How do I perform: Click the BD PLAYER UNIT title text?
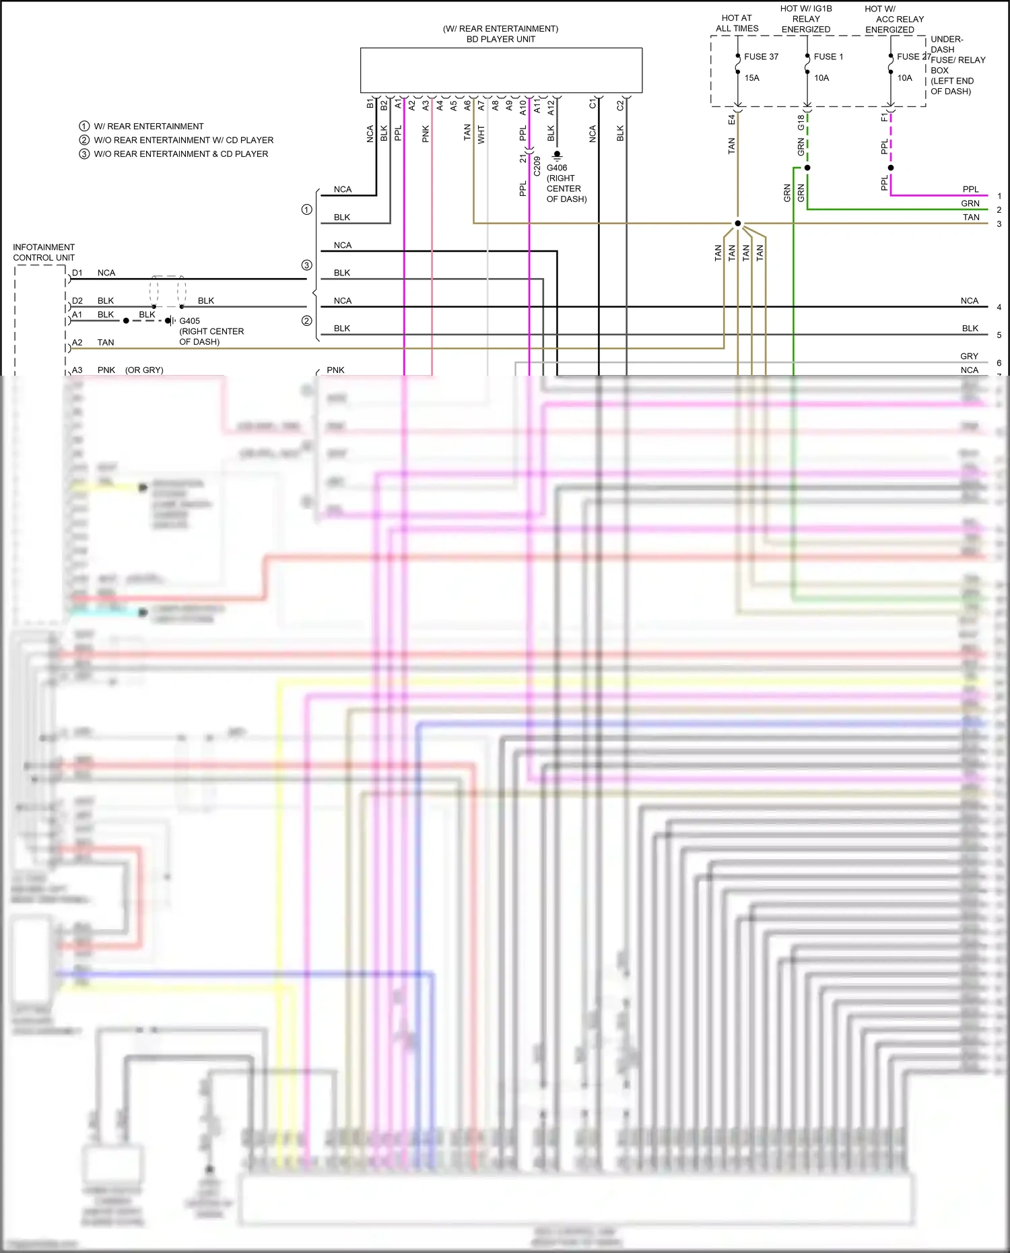click(x=500, y=39)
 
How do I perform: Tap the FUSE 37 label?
click(x=761, y=57)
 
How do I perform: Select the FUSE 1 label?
click(x=828, y=57)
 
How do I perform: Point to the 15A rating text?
click(x=751, y=78)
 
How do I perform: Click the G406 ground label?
click(x=557, y=168)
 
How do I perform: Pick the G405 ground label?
click(x=189, y=321)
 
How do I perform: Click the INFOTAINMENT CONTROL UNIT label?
click(x=44, y=252)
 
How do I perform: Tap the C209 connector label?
click(x=537, y=166)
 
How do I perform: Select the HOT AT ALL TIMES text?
click(x=737, y=24)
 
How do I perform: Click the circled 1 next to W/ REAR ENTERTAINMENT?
click(x=84, y=126)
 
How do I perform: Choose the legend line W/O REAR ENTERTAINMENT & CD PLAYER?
click(x=180, y=154)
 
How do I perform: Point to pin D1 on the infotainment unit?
click(x=77, y=273)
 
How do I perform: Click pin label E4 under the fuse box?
click(x=732, y=119)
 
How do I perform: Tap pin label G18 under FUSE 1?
click(x=801, y=122)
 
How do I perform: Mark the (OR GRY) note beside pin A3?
click(x=144, y=370)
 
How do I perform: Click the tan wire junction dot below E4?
click(x=738, y=224)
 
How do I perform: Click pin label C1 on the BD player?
click(x=593, y=104)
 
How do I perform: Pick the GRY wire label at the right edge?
click(x=969, y=356)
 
